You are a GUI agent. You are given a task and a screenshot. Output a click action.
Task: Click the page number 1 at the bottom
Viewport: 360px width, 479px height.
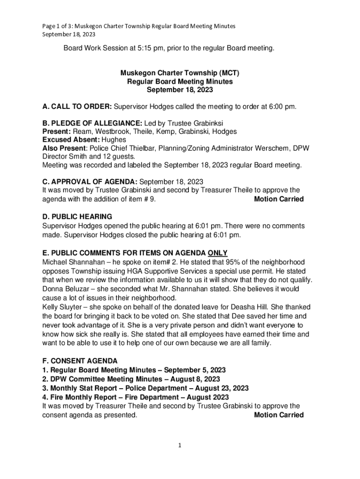(x=180, y=446)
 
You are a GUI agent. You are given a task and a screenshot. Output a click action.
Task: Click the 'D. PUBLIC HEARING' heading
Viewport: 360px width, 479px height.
(x=77, y=217)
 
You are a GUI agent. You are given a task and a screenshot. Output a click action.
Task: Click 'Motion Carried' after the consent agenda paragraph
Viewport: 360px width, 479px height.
(x=279, y=415)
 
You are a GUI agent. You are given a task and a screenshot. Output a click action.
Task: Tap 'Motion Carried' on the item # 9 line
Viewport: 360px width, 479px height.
(x=279, y=199)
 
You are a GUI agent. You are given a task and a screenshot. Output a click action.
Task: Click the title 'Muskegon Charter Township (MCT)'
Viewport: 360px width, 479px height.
(x=180, y=73)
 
